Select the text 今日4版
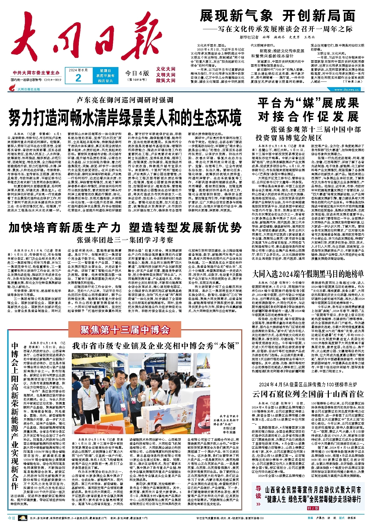137,73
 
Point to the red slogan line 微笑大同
166,80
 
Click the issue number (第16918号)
137,80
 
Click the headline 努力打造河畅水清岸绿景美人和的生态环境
125,117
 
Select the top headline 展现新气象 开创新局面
277,16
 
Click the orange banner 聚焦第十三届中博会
125,330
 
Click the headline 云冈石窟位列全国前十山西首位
308,394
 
